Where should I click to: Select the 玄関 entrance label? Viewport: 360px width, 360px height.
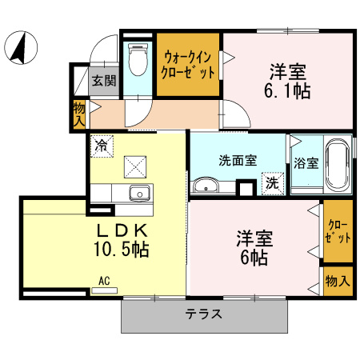click(103, 80)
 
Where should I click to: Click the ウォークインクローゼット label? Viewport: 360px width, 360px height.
click(189, 64)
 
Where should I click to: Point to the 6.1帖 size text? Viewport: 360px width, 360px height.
click(289, 89)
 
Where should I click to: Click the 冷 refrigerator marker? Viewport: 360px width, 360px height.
click(102, 146)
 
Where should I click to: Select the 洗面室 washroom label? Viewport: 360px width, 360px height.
click(238, 158)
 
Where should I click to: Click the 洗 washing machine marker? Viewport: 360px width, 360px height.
click(272, 183)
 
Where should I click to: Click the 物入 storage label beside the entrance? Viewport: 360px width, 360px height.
click(79, 114)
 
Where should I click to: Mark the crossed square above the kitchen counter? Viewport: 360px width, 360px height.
click(135, 166)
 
